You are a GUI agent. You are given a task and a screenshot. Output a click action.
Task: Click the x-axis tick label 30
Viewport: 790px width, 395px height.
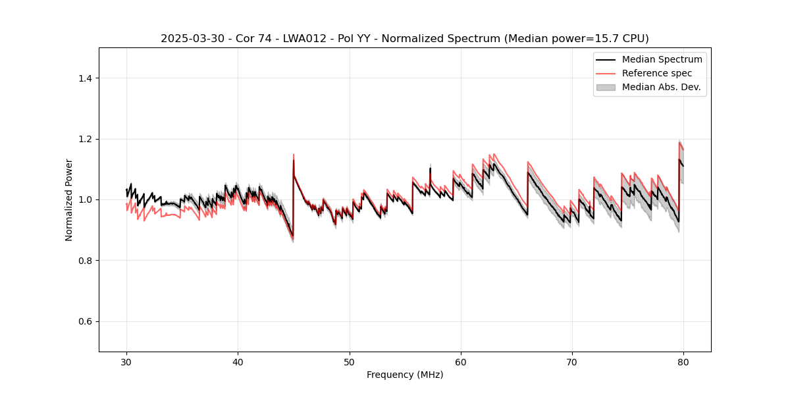coord(126,362)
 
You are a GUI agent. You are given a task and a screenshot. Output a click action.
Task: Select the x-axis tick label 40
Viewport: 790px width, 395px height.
coord(238,362)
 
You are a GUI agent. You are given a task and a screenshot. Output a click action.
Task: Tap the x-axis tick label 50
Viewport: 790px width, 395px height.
coord(350,362)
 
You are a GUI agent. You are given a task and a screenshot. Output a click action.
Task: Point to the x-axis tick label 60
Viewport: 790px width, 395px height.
coord(461,362)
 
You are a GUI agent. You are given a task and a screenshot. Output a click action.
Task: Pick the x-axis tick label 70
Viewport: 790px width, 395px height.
coord(572,362)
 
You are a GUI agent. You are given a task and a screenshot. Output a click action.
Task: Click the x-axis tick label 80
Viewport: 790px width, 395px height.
coord(683,362)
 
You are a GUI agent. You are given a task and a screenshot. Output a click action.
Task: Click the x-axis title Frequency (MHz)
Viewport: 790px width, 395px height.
coord(405,375)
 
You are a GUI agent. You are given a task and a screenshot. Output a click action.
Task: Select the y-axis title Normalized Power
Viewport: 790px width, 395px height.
coord(69,199)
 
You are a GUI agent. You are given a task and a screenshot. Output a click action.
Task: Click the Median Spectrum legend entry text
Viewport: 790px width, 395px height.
coord(662,59)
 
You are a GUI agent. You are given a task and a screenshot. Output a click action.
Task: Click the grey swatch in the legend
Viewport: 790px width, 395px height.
coord(606,87)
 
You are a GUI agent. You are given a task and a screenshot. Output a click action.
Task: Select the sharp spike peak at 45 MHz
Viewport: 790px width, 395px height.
coord(294,155)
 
